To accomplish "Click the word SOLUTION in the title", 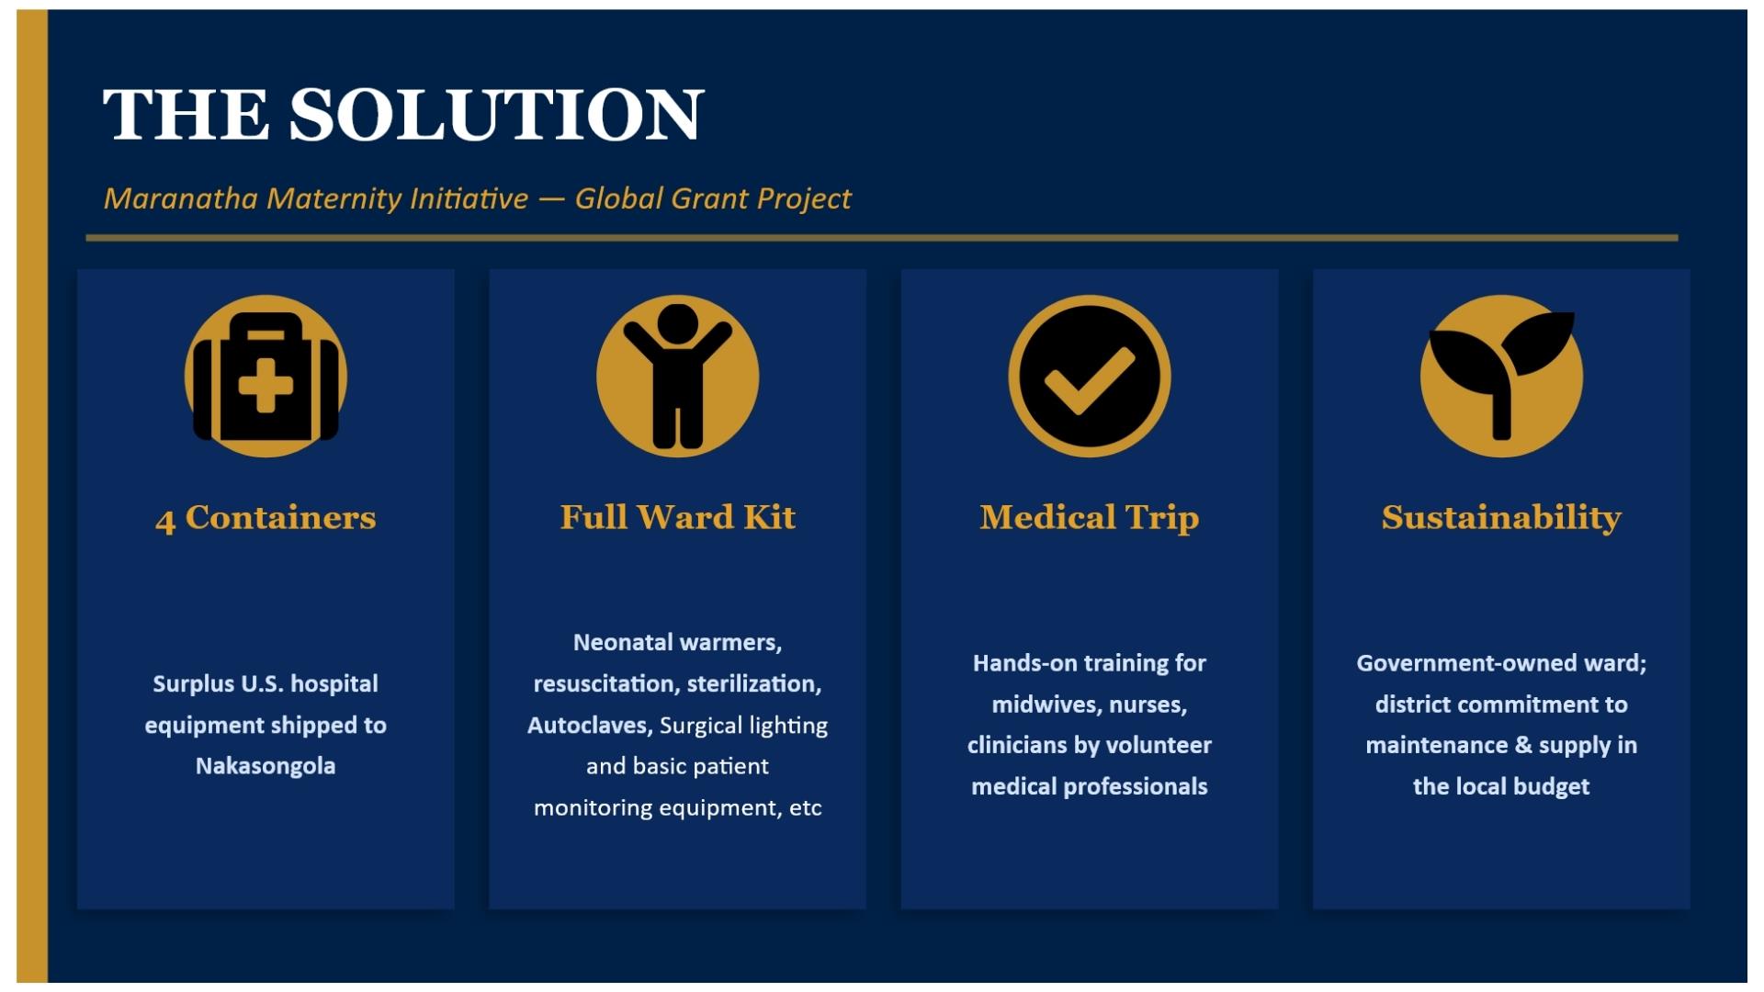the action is click(x=497, y=115).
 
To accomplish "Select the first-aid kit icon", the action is click(x=266, y=376).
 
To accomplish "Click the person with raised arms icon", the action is click(x=678, y=376).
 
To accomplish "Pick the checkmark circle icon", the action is click(x=1090, y=376).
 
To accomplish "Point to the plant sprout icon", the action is click(x=1501, y=376).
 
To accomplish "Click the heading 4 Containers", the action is click(x=266, y=518).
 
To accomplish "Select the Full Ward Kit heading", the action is click(x=678, y=517).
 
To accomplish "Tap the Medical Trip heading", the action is click(x=1090, y=518).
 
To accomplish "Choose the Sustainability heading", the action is click(x=1501, y=518).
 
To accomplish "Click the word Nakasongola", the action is click(x=266, y=766).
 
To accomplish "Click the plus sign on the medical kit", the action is click(x=266, y=385).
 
